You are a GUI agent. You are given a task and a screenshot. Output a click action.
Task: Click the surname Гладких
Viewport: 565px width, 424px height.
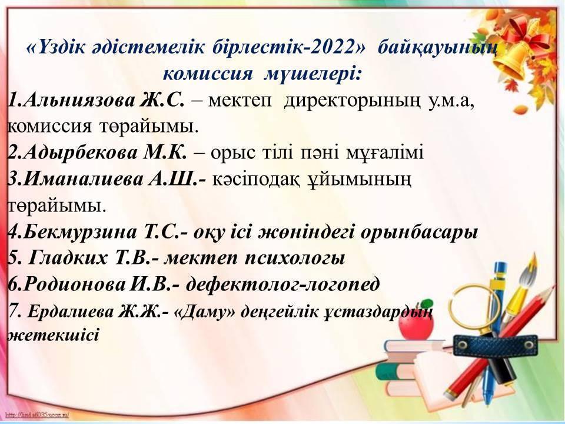tap(67, 258)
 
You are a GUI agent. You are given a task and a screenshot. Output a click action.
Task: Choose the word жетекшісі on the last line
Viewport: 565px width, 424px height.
tap(53, 335)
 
